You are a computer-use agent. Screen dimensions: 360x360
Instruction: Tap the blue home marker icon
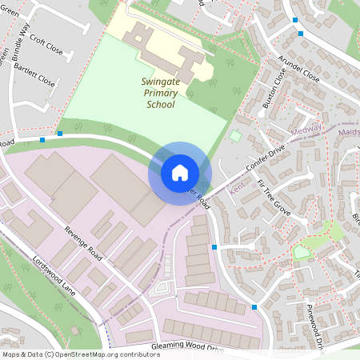[180, 173]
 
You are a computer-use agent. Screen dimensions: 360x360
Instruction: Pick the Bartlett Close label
[36, 75]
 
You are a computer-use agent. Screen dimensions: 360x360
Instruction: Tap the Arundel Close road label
[298, 69]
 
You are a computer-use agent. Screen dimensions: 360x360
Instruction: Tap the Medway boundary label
[307, 128]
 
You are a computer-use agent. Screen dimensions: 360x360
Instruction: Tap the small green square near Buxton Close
[234, 136]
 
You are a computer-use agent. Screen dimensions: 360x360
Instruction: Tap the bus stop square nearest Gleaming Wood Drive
[254, 307]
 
